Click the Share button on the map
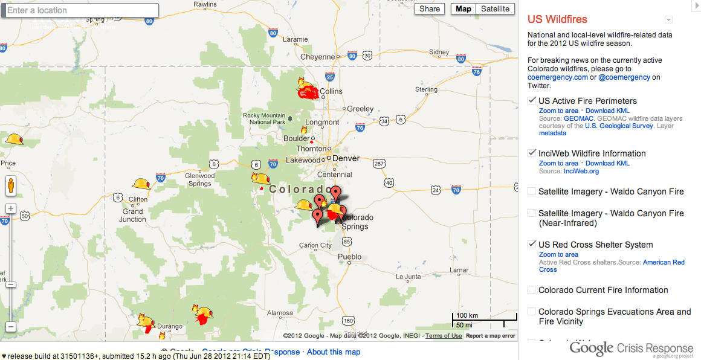(x=430, y=8)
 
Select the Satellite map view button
(x=496, y=8)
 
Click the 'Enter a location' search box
(x=82, y=10)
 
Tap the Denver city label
(x=346, y=159)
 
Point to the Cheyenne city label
(x=317, y=57)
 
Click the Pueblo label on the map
(x=349, y=257)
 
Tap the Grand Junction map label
(x=133, y=215)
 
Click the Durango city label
(x=169, y=326)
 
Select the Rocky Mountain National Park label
(x=264, y=118)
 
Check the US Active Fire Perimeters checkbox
(x=532, y=100)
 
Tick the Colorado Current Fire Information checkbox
(x=532, y=290)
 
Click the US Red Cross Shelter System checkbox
(x=532, y=245)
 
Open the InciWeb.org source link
(x=581, y=172)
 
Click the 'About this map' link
(x=334, y=352)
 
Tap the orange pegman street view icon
(x=10, y=185)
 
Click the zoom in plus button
(x=10, y=208)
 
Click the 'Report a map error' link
(x=490, y=336)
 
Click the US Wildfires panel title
(x=557, y=19)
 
